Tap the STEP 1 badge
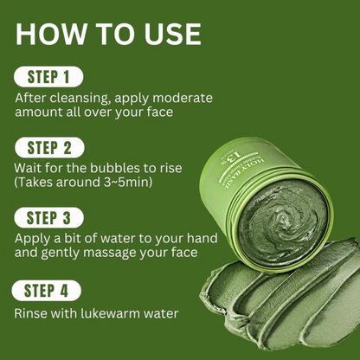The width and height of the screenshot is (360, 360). [48, 77]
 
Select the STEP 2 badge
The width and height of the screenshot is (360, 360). [48, 147]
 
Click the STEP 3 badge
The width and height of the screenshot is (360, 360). [48, 216]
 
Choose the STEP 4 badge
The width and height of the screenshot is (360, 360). [48, 290]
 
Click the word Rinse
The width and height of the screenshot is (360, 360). [33, 313]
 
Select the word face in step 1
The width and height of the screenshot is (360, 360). [155, 113]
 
